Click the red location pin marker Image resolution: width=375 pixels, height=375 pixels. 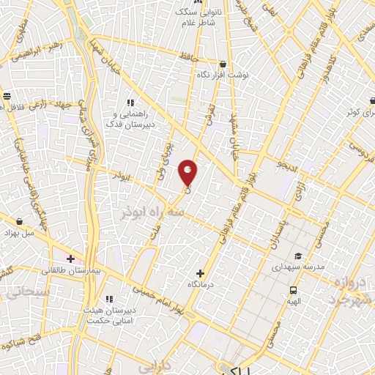[188, 172]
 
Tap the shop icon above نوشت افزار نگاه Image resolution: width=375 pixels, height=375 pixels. [222, 64]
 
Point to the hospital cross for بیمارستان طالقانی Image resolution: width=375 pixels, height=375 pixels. [70, 259]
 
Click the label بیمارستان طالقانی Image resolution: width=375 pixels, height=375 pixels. [70, 271]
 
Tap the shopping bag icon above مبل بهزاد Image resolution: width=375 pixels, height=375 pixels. [20, 220]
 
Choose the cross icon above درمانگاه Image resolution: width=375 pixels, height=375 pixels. [200, 272]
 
